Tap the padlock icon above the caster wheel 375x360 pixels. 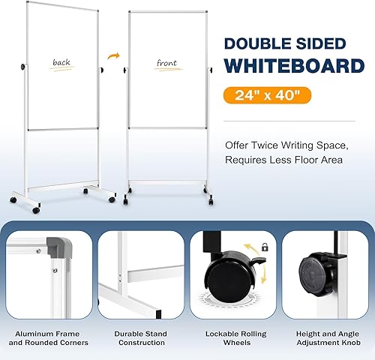pyautogui.click(x=264, y=247)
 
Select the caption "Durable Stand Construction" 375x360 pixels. pyautogui.click(x=140, y=337)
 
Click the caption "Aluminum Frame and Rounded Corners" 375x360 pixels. pyautogui.click(x=48, y=337)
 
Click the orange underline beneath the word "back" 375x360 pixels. pyautogui.click(x=62, y=70)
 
